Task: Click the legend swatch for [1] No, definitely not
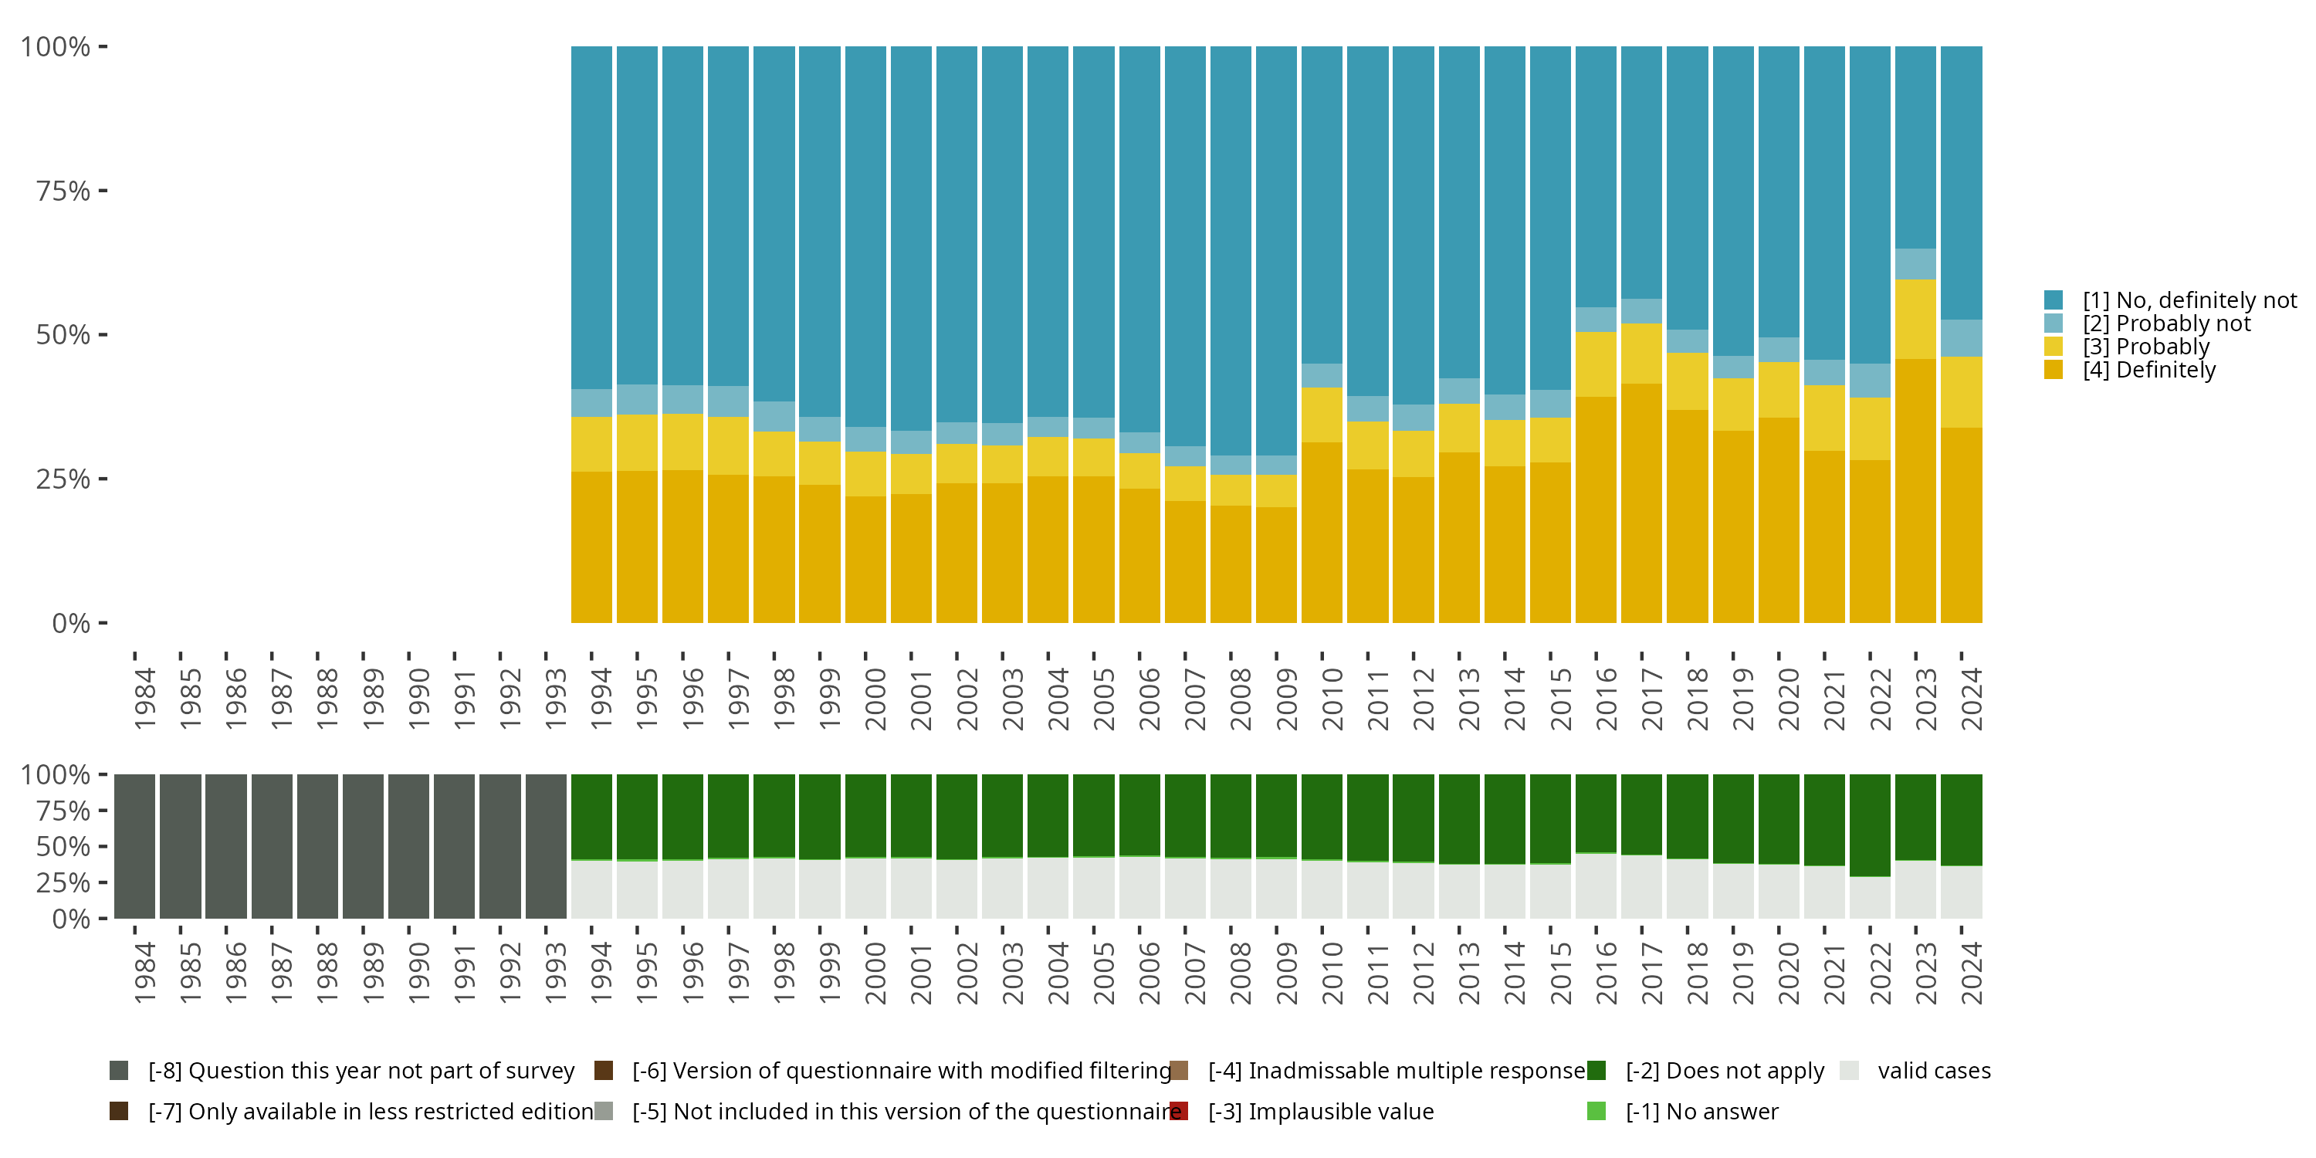point(2054,300)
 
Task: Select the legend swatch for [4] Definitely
point(2054,370)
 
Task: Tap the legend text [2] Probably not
point(2166,323)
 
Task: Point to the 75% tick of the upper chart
point(103,191)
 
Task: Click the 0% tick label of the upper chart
point(71,623)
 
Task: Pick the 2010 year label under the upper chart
point(1332,699)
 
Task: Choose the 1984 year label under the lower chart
point(144,973)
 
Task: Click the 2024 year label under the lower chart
point(1971,973)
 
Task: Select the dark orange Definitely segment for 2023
point(1915,490)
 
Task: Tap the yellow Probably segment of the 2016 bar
point(1596,364)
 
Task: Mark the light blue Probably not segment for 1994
point(591,403)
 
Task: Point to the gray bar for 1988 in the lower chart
point(317,846)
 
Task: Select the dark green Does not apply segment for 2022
point(1869,824)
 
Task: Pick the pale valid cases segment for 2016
point(1596,885)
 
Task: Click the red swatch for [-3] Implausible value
point(1179,1111)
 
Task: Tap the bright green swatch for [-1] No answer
point(1596,1111)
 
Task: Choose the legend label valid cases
point(1934,1071)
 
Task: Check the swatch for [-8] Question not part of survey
point(119,1071)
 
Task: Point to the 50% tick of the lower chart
point(103,846)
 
